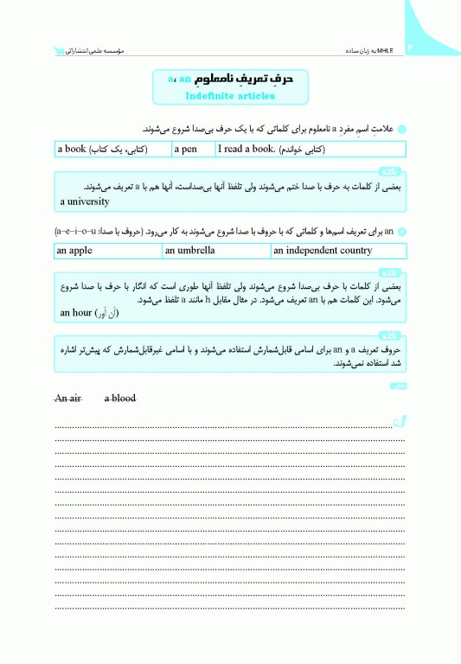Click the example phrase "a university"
(x=85, y=201)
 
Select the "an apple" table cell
(x=107, y=251)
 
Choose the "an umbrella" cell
(x=215, y=251)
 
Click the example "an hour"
(x=89, y=312)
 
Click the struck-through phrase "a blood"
(x=120, y=398)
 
